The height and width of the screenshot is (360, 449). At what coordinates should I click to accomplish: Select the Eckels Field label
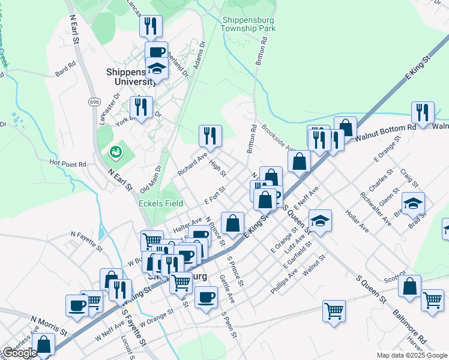[x=161, y=203]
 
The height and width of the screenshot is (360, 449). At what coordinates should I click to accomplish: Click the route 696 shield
[x=94, y=103]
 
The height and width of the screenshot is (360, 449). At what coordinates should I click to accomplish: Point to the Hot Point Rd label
[x=68, y=163]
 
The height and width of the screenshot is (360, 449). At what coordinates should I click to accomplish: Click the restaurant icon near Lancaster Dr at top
[x=150, y=26]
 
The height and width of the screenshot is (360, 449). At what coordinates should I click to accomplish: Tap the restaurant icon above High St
[x=210, y=135]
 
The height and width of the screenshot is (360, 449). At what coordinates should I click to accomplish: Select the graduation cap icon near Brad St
[x=413, y=203]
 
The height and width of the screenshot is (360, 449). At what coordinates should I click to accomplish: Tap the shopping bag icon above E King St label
[x=232, y=223]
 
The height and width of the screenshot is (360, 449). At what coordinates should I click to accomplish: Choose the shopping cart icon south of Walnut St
[x=334, y=310]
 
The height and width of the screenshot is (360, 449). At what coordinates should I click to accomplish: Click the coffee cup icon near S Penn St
[x=206, y=296]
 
